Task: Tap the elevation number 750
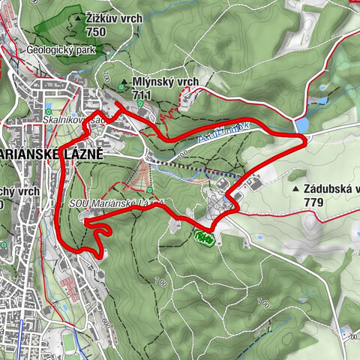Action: coord(95,31)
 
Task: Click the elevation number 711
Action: coord(141,96)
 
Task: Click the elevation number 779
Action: coord(314,202)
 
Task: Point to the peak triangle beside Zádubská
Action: coord(297,189)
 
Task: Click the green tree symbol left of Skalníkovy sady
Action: coord(49,106)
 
